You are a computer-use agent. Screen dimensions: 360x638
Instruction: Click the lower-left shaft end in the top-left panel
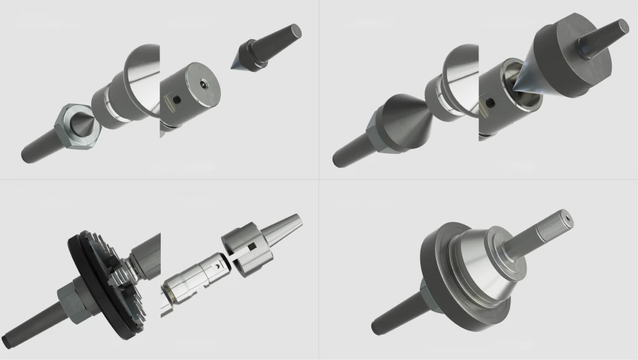click(29, 153)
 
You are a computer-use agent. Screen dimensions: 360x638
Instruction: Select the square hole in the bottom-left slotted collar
click(253, 246)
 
